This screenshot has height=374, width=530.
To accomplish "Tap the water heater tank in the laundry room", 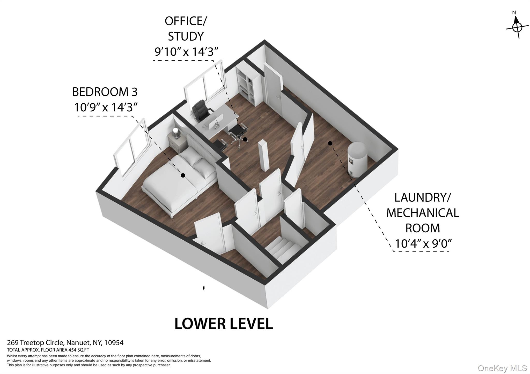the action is click(x=358, y=159).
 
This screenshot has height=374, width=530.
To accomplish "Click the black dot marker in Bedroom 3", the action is click(x=183, y=175).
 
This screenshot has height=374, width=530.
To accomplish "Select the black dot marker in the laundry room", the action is click(x=330, y=143).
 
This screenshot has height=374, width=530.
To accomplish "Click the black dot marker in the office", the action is click(x=245, y=140).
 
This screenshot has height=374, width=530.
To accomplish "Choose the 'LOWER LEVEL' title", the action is click(x=224, y=324).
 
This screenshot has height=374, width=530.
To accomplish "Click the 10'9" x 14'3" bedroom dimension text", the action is click(x=106, y=107).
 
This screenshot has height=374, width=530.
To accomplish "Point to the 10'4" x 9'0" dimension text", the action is click(x=423, y=243).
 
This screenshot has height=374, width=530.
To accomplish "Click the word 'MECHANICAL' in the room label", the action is click(x=423, y=213).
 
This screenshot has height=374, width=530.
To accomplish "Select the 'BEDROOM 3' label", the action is click(x=105, y=92).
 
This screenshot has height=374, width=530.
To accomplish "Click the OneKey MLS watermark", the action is click(x=502, y=368).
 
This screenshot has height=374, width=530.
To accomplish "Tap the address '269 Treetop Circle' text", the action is click(x=35, y=343).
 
